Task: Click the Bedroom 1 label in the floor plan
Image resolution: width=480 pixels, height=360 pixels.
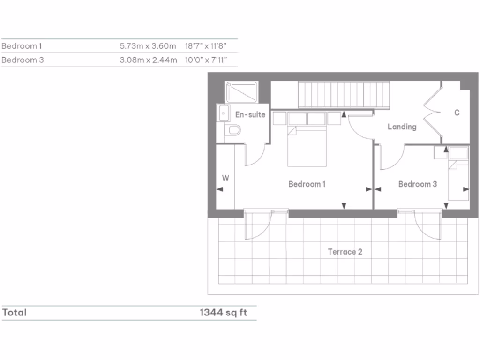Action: (307, 184)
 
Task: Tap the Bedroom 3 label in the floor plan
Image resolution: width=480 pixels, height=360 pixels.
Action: (417, 184)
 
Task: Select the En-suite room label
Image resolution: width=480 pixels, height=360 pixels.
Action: (250, 114)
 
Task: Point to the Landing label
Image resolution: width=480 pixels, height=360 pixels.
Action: (402, 127)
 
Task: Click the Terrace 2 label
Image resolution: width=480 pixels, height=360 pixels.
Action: (345, 252)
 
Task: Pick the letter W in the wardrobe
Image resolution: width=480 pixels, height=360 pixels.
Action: (225, 178)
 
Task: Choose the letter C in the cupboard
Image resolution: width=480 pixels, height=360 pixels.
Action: (457, 113)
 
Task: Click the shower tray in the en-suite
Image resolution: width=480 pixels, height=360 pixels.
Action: (241, 92)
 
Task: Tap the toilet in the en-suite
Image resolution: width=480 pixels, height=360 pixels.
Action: (232, 130)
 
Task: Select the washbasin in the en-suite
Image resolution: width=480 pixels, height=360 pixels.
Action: (223, 113)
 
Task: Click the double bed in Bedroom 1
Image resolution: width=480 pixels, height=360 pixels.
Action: (307, 145)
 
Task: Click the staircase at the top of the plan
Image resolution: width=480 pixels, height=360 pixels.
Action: (345, 95)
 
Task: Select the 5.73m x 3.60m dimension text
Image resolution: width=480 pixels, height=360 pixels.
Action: (148, 46)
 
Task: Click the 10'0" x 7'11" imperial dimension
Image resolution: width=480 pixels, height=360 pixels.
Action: (206, 60)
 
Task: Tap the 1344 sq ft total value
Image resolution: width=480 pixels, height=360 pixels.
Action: (223, 313)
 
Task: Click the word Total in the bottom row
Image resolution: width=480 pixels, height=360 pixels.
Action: (15, 313)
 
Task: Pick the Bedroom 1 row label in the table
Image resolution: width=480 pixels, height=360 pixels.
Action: (22, 46)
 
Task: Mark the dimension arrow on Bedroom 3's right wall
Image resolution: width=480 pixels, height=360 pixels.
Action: (465, 189)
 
